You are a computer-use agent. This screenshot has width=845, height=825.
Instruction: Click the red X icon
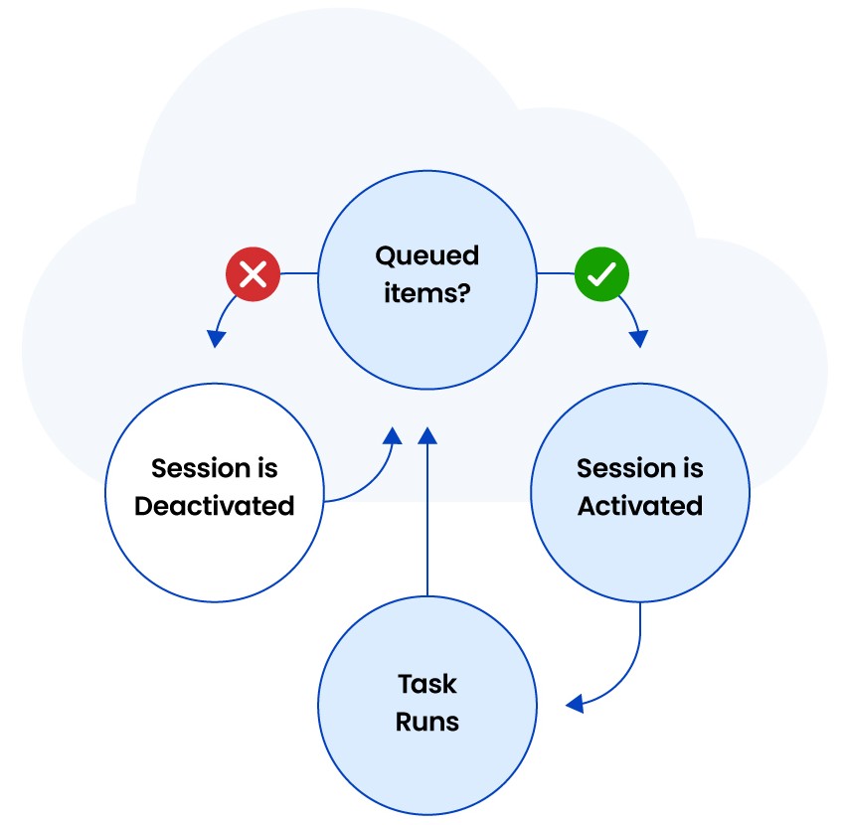pyautogui.click(x=253, y=273)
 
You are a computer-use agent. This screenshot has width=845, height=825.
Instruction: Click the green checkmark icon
pyautogui.click(x=601, y=273)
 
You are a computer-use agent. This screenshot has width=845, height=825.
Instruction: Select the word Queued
pyautogui.click(x=426, y=256)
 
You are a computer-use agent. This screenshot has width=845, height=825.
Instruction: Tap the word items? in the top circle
pyautogui.click(x=426, y=292)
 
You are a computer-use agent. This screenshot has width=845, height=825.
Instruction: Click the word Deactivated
pyautogui.click(x=215, y=506)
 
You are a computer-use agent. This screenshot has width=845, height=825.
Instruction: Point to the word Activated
pyautogui.click(x=640, y=506)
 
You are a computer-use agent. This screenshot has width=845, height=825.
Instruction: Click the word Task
pyautogui.click(x=427, y=685)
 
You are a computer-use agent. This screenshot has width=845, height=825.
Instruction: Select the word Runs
pyautogui.click(x=427, y=722)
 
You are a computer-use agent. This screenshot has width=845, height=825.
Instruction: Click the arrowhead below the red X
pyautogui.click(x=216, y=339)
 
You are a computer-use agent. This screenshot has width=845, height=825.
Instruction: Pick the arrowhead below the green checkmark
pyautogui.click(x=638, y=339)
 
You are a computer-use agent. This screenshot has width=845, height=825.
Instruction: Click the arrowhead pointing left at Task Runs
pyautogui.click(x=575, y=704)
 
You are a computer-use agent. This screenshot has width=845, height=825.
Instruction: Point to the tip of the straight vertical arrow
pyautogui.click(x=427, y=427)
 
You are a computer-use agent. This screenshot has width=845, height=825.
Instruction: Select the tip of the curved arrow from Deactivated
pyautogui.click(x=394, y=427)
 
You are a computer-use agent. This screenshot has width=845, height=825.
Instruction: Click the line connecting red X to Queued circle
pyautogui.click(x=299, y=273)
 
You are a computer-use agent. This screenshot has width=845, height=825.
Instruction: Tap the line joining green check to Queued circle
pyautogui.click(x=556, y=273)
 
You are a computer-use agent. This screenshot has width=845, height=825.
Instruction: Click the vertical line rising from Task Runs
pyautogui.click(x=427, y=520)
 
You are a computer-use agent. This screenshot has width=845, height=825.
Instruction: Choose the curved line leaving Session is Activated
pyautogui.click(x=629, y=669)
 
